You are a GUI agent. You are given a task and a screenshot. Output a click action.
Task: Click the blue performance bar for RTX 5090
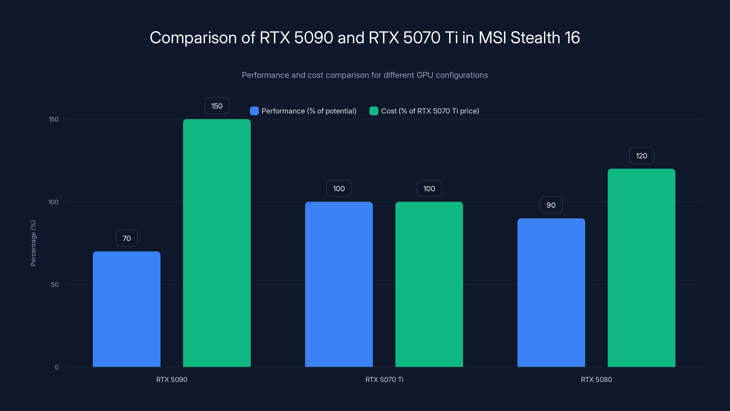tap(126, 309)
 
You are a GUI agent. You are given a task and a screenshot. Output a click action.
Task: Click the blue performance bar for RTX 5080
tap(551, 292)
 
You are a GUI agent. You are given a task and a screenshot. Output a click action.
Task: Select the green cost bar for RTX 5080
tap(641, 268)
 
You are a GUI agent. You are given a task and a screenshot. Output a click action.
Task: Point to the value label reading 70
tap(127, 238)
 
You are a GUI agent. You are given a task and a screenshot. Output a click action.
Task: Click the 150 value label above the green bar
tap(217, 106)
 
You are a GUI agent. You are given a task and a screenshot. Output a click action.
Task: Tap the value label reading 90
tap(551, 205)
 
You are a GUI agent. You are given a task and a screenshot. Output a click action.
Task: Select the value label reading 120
tap(641, 156)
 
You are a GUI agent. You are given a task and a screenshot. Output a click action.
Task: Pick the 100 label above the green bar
tap(429, 189)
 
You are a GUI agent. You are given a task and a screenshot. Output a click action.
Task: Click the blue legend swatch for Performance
tap(254, 111)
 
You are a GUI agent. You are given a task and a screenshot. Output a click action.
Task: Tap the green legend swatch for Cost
tap(374, 111)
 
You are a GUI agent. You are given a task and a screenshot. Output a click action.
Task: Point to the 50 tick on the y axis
tap(55, 285)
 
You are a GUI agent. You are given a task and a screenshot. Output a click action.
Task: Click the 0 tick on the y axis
tap(56, 367)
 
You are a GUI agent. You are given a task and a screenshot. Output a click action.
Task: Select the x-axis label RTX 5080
tap(596, 379)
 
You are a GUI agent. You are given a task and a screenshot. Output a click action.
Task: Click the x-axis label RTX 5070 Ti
tap(384, 379)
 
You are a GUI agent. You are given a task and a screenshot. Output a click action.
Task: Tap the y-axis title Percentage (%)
tap(33, 243)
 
